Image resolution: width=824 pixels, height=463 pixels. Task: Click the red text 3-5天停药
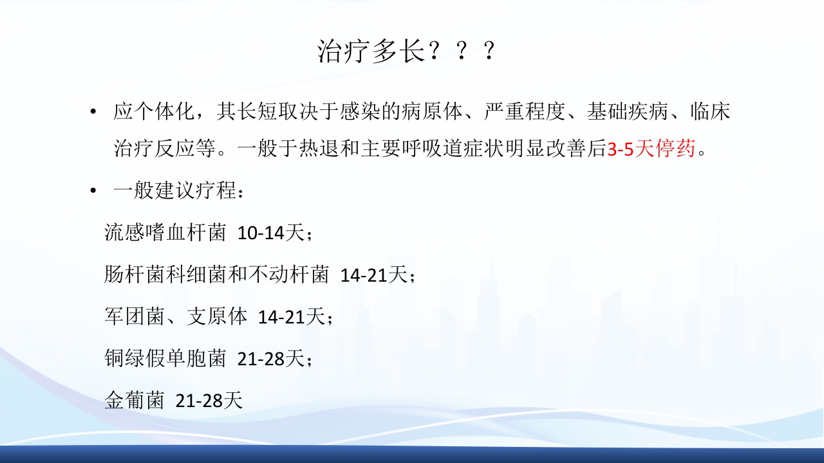[651, 150]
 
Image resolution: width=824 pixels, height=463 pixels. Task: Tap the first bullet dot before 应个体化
[95, 113]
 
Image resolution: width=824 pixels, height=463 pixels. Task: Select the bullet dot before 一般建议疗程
[95, 192]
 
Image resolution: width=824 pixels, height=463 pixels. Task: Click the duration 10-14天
[270, 233]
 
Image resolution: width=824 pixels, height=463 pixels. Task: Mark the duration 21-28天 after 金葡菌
[209, 401]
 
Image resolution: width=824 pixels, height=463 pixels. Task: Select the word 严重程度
[525, 113]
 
